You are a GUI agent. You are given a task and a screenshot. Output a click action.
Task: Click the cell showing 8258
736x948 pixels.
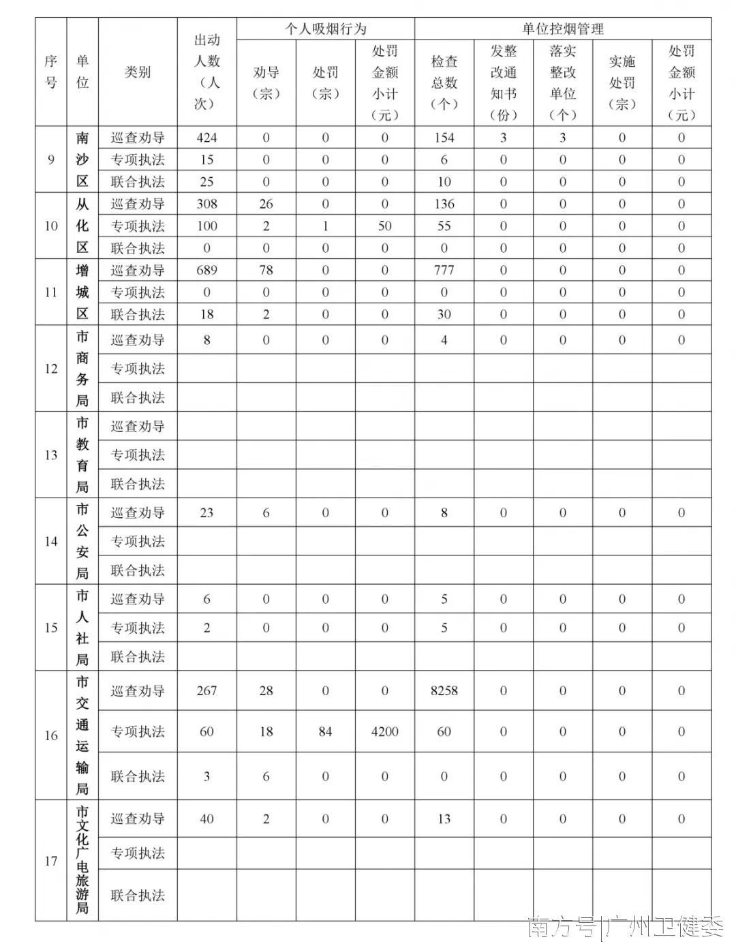coord(444,691)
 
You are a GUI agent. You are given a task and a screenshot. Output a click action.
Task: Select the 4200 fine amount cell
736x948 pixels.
coord(384,732)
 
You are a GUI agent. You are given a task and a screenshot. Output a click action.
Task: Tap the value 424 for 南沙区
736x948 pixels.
coord(206,138)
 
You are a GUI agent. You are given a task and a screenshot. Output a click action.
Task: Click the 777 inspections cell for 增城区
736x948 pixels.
coord(444,271)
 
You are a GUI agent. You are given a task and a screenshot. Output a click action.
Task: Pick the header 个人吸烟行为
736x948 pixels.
coord(325,29)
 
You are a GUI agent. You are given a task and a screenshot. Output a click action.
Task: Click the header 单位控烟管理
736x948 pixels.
coord(562,29)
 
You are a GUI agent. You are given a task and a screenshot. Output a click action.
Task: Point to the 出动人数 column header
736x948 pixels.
coord(206,72)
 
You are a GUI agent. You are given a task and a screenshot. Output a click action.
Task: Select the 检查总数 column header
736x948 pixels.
coord(444,82)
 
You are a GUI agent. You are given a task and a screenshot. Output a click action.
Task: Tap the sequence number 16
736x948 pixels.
coord(51,735)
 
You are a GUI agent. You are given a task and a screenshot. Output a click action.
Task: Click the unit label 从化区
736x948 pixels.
coord(82,226)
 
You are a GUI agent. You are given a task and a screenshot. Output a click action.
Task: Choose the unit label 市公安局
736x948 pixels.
coord(82,541)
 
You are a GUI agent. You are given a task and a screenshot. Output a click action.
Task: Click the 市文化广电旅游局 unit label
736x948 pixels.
coord(82,860)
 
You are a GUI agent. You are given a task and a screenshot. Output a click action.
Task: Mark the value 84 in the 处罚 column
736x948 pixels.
coord(325,732)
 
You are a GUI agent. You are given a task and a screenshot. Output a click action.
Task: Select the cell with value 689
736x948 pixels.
coord(206,271)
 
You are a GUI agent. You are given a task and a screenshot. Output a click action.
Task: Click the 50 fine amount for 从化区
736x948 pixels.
coord(384,226)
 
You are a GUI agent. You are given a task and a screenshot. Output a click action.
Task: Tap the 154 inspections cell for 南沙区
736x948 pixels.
coord(444,138)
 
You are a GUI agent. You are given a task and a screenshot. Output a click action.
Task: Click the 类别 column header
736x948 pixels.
coord(138,72)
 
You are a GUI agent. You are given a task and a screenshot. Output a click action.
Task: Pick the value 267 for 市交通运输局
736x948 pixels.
coord(206,691)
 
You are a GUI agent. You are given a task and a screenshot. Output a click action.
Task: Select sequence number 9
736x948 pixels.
coord(51,160)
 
